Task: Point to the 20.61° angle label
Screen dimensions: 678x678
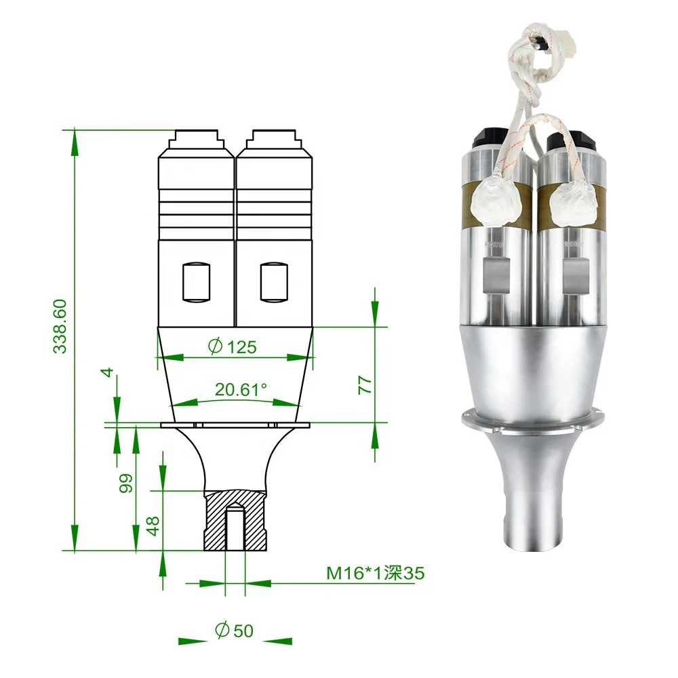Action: tap(241, 389)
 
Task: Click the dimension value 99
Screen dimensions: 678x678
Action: tap(126, 483)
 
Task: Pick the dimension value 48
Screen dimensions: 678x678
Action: tap(153, 525)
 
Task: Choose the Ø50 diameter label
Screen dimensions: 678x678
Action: tap(234, 631)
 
